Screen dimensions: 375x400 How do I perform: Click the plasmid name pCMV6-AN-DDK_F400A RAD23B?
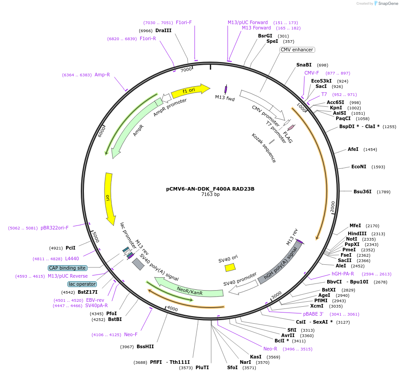click(x=210, y=189)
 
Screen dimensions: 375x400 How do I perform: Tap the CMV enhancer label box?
click(x=297, y=50)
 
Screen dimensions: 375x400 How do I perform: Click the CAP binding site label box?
click(x=67, y=268)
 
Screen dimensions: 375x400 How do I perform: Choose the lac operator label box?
click(x=82, y=284)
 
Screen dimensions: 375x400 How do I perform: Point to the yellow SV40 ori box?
click(x=230, y=267)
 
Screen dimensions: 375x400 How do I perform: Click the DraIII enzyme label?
click(x=163, y=30)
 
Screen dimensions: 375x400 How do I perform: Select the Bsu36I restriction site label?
click(x=362, y=192)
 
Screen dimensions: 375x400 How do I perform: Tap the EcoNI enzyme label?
click(x=358, y=167)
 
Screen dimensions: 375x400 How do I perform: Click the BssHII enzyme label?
click(x=145, y=346)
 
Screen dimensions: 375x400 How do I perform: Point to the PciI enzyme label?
click(x=71, y=248)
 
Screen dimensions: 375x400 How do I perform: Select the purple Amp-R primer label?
click(x=102, y=75)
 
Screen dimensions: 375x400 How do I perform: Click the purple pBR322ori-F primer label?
click(x=54, y=228)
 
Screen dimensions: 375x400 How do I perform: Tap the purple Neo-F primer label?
click(x=131, y=334)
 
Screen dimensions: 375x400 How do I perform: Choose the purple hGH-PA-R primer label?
click(x=342, y=274)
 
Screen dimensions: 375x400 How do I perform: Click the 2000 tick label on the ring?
click(x=333, y=207)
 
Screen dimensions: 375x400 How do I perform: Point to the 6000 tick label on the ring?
click(x=101, y=131)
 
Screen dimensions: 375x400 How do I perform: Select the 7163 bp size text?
click(x=210, y=195)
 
